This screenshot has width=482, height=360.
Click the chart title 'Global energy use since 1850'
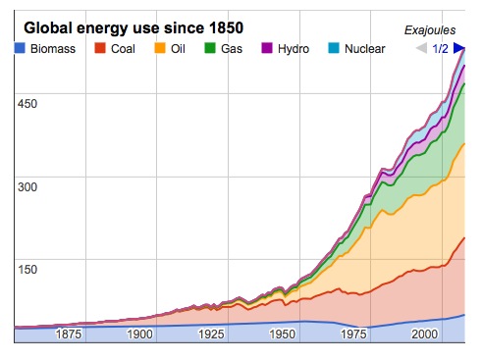134,26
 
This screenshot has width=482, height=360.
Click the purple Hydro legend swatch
267,48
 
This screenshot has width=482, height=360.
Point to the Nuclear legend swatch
334,48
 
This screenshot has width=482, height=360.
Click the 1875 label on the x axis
69,334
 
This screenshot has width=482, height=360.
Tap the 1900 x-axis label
139,334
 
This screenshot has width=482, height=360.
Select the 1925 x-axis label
211,334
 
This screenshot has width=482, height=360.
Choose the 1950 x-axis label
283,334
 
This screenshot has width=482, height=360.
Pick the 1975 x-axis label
354,334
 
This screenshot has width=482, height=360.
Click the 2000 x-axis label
425,334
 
